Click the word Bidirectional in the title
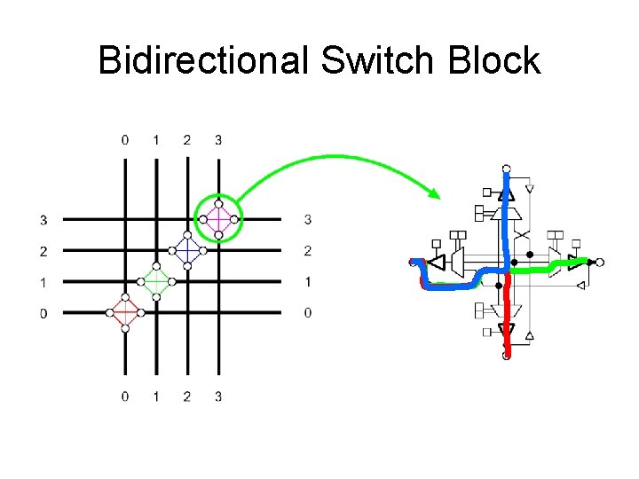[202, 60]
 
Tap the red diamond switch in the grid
[125, 312]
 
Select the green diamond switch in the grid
[156, 281]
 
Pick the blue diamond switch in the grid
[187, 250]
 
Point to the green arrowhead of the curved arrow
[434, 193]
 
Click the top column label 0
[125, 140]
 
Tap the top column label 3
[218, 140]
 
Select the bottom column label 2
[187, 397]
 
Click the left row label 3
[43, 219]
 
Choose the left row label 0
[43, 312]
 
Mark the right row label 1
[307, 281]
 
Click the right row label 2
[307, 251]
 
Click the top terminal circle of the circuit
[506, 168]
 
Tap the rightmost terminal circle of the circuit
[600, 262]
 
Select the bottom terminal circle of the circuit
[506, 357]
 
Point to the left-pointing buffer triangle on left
[436, 263]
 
